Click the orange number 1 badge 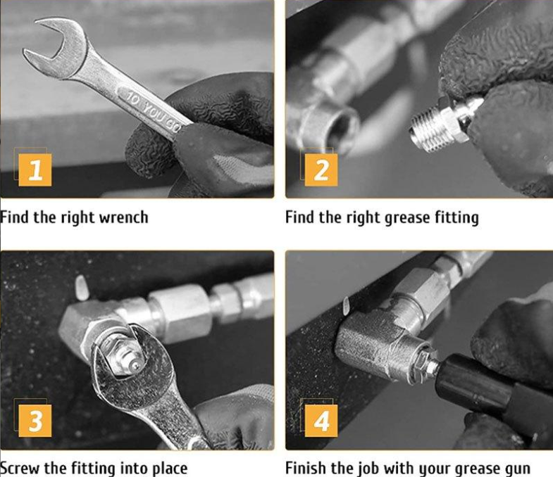click(x=35, y=170)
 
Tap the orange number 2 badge click(x=321, y=170)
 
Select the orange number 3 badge click(x=35, y=421)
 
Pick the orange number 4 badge click(x=321, y=421)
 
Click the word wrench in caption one click(x=123, y=217)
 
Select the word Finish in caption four click(x=305, y=468)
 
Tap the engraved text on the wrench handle click(x=154, y=112)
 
